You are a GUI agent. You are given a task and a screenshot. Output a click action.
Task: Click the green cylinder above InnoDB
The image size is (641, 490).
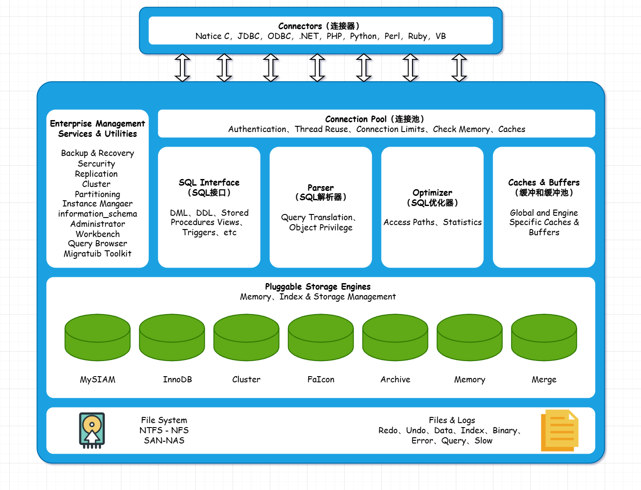172,337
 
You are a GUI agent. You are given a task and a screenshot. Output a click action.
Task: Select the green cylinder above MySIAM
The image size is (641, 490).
97,337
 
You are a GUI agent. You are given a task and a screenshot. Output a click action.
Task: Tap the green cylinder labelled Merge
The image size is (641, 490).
544,337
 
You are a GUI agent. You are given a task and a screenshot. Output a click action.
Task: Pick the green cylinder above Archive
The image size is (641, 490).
395,337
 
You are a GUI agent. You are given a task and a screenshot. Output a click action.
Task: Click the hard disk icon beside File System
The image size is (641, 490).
92,430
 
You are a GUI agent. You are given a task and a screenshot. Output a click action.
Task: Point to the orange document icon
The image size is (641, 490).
559,430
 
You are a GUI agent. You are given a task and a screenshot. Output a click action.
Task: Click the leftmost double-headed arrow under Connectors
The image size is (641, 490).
183,68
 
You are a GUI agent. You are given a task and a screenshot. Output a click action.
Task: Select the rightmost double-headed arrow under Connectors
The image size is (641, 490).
459,68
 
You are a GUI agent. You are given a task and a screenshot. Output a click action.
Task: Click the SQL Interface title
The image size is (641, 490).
209,183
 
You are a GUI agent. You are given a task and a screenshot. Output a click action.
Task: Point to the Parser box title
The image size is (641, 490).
321,188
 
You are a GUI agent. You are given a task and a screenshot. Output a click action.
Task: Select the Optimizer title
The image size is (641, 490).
432,193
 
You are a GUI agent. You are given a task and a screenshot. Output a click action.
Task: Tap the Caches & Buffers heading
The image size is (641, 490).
544,183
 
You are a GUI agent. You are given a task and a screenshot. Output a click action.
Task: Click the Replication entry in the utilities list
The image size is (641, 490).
97,174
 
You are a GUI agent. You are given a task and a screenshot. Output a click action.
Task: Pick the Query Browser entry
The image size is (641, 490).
97,244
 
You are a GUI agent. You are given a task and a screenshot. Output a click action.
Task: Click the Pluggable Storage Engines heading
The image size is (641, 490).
318,287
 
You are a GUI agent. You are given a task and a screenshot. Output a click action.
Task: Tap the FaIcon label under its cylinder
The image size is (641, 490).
321,380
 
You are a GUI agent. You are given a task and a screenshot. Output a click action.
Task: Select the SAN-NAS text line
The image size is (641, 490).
164,440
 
